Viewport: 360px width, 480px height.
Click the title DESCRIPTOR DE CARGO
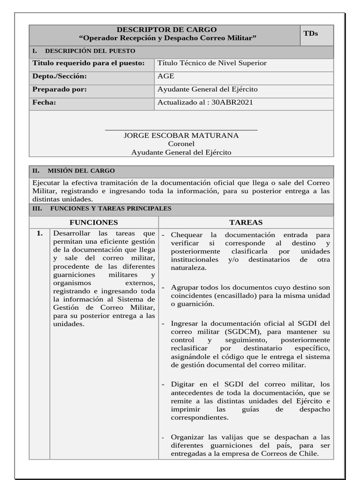tap(166, 30)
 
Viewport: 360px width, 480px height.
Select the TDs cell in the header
tap(310, 33)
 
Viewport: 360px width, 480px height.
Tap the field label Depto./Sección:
tap(60, 76)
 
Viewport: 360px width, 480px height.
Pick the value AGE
tap(166, 76)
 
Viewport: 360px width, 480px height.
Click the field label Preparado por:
tap(60, 89)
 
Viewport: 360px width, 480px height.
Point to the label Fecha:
tap(44, 102)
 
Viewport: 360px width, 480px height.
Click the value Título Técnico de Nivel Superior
tap(212, 63)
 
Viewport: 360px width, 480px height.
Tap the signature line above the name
tap(181, 130)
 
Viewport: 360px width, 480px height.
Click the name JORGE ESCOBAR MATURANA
tap(181, 135)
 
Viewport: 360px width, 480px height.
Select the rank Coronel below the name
tap(181, 144)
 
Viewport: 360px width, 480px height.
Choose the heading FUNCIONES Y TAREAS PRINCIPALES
tap(111, 209)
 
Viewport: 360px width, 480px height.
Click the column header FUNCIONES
tap(94, 222)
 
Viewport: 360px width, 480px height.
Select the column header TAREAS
tap(246, 222)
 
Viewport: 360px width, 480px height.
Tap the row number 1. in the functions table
tap(39, 233)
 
